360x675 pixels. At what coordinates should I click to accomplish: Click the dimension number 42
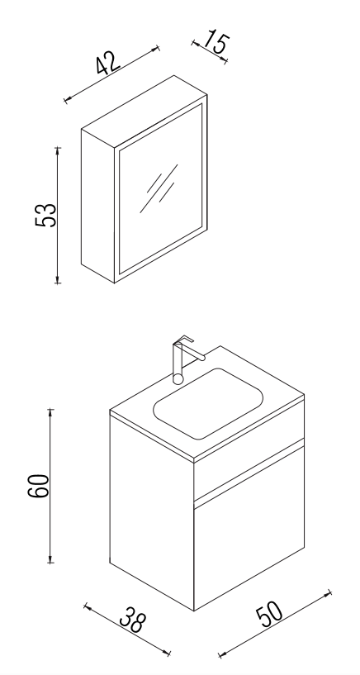[x=107, y=64]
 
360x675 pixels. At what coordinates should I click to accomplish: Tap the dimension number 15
[x=216, y=42]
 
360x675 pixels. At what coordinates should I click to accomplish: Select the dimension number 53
[x=45, y=215]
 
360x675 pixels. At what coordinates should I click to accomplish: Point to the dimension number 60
[x=39, y=486]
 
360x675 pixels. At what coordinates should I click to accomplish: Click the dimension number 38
[x=133, y=620]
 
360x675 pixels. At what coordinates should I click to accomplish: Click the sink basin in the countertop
[x=208, y=403]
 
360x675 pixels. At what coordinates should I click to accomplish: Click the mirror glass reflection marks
[x=159, y=188]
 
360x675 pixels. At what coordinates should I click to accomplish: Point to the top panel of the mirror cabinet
[x=144, y=112]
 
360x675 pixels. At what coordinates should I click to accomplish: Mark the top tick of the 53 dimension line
[x=58, y=148]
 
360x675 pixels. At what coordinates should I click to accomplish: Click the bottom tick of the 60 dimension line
[x=50, y=562]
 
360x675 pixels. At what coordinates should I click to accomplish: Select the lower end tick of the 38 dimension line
[x=168, y=653]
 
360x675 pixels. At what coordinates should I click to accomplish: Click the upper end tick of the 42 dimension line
[x=158, y=48]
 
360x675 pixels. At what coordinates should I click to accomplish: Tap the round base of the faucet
[x=178, y=379]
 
